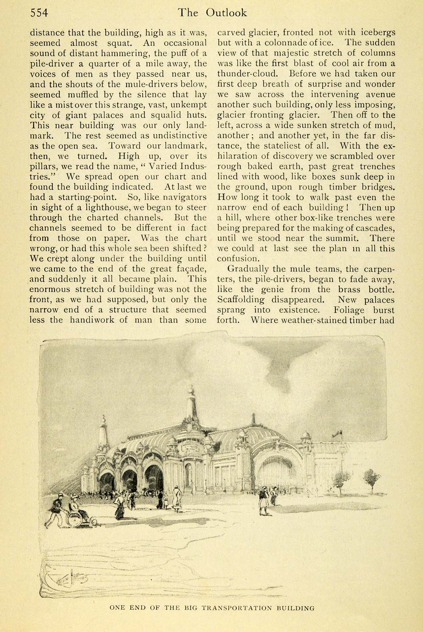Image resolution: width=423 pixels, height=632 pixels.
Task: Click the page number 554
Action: [39, 13]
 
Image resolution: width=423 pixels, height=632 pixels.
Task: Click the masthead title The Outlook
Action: [212, 13]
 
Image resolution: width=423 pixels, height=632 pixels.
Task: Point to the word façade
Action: [190, 269]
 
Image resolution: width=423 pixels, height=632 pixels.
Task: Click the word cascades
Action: [375, 228]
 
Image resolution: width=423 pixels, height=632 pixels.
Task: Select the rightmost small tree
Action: [371, 479]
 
